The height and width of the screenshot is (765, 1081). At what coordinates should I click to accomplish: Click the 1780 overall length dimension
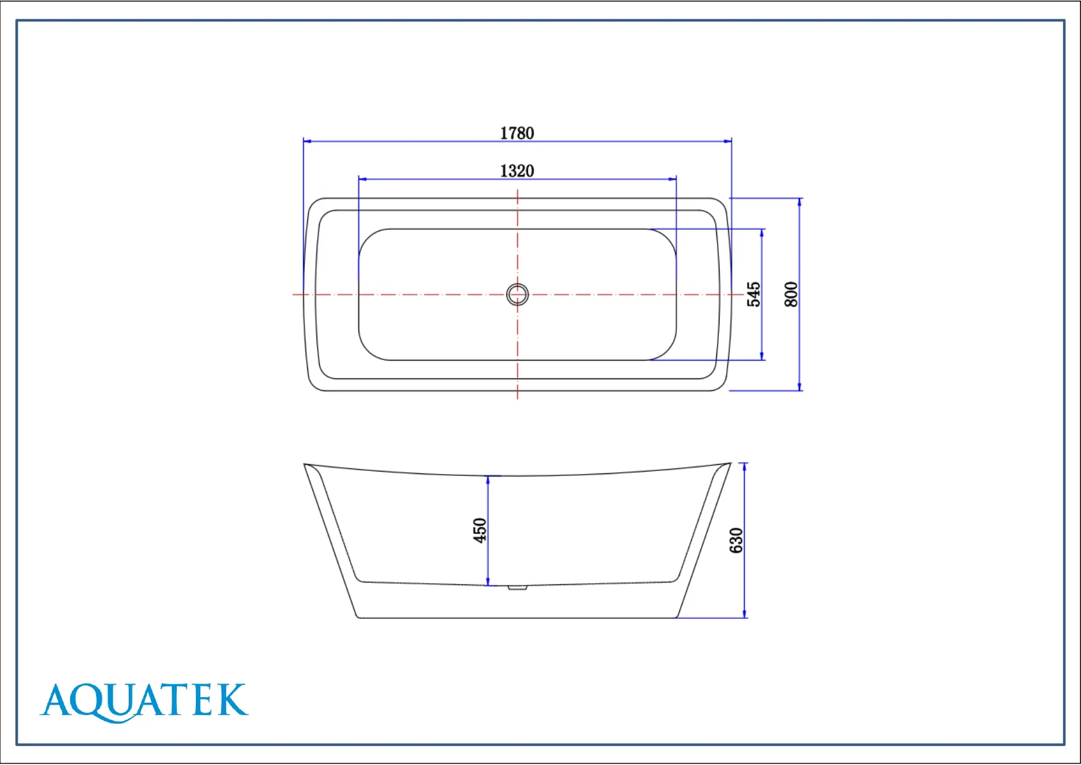tap(517, 133)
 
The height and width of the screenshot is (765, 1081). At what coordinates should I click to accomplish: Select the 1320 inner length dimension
tap(517, 171)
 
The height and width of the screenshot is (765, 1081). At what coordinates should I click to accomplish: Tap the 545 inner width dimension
tap(753, 295)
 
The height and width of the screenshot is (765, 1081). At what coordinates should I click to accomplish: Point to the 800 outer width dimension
tap(791, 295)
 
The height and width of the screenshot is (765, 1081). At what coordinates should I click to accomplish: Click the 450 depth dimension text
tap(479, 530)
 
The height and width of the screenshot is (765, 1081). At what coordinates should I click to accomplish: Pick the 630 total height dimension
tap(736, 541)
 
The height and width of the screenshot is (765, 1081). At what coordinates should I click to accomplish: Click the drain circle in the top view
tap(517, 295)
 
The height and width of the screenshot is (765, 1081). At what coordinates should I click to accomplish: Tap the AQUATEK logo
tap(144, 702)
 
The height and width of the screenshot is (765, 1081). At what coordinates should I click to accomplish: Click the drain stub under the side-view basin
tap(517, 588)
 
